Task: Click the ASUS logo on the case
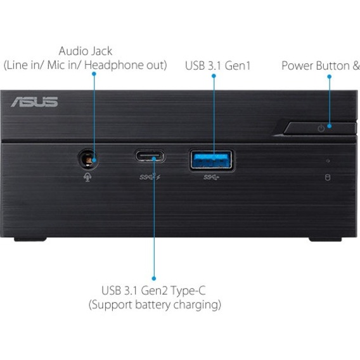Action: (x=34, y=101)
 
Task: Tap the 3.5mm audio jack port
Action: (x=88, y=158)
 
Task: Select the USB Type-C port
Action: (x=150, y=156)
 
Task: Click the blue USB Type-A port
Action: (x=212, y=160)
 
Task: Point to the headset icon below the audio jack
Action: (x=87, y=177)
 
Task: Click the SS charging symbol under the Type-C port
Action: (x=150, y=177)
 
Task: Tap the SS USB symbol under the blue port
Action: (x=211, y=177)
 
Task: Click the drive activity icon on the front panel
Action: (x=328, y=177)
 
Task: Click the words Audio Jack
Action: (x=86, y=51)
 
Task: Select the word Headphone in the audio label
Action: (x=114, y=65)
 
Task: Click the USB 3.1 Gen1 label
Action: (x=217, y=65)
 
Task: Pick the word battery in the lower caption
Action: (x=153, y=305)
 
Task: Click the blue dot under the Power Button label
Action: (x=329, y=77)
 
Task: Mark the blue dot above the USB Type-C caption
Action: (x=154, y=278)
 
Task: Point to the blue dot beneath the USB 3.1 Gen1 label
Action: (x=214, y=76)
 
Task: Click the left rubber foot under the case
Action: (x=30, y=240)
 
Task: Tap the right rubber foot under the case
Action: (x=325, y=240)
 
